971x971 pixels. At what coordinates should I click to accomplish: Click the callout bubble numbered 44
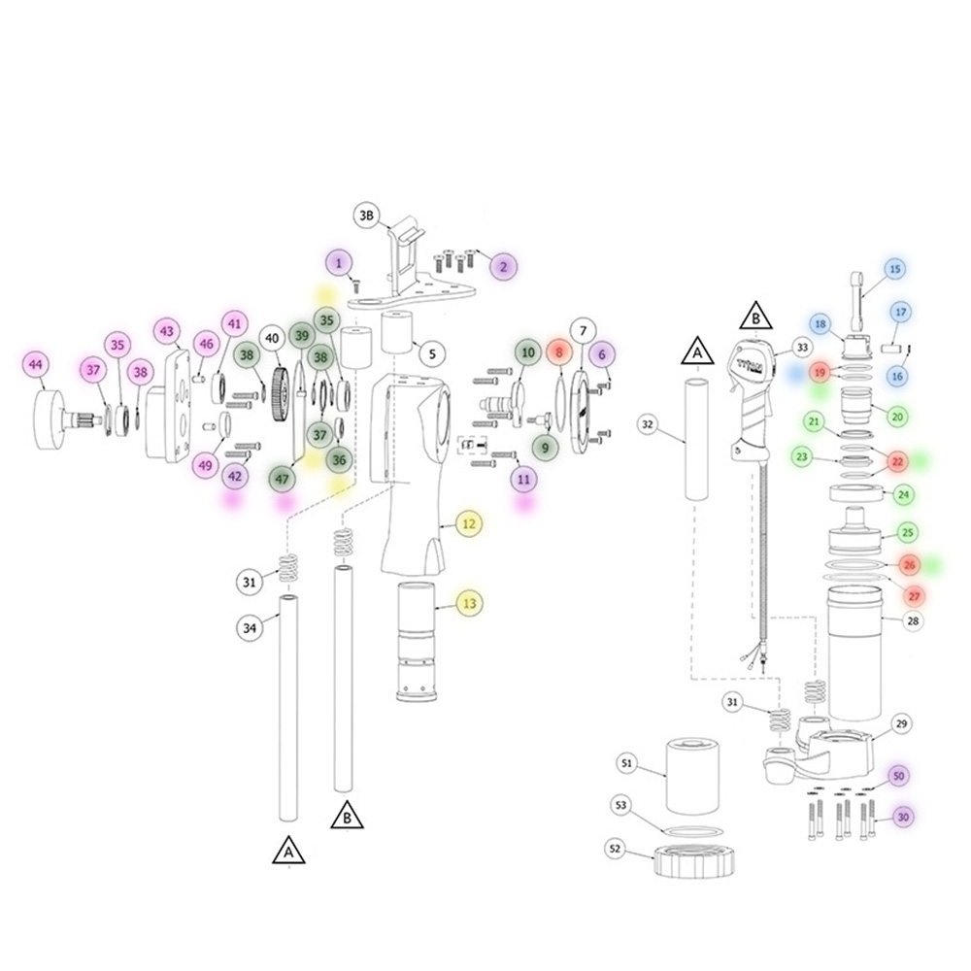pyautogui.click(x=35, y=364)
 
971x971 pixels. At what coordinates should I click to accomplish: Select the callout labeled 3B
pyautogui.click(x=367, y=215)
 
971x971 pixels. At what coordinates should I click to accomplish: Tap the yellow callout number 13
pyautogui.click(x=469, y=603)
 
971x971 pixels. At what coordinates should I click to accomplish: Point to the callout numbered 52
pyautogui.click(x=615, y=849)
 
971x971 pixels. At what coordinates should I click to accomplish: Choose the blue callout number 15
pyautogui.click(x=895, y=269)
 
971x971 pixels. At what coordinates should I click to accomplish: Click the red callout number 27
pyautogui.click(x=914, y=596)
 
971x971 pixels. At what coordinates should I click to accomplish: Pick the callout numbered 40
pyautogui.click(x=273, y=338)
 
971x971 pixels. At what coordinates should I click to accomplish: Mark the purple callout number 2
pyautogui.click(x=503, y=266)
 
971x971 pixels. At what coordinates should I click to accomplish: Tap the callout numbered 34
pyautogui.click(x=249, y=628)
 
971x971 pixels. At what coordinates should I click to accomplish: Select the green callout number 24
pyautogui.click(x=903, y=495)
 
